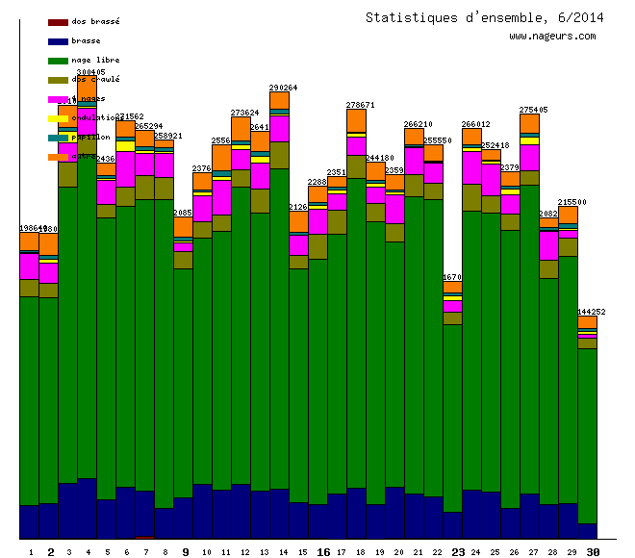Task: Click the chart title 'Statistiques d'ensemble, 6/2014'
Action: (484, 17)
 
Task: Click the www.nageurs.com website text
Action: (552, 37)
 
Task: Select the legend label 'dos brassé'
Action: (95, 21)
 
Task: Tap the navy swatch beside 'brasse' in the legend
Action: (58, 41)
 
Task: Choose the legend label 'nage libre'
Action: (95, 60)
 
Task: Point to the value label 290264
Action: (283, 88)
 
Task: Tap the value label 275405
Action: (533, 110)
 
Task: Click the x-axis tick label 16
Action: (323, 552)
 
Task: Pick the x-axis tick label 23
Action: (458, 552)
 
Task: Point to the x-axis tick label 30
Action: (594, 552)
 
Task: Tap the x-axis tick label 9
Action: (186, 552)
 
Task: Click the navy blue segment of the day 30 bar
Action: (587, 530)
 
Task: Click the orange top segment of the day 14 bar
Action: (279, 100)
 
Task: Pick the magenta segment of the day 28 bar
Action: (548, 245)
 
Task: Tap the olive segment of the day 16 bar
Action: (317, 246)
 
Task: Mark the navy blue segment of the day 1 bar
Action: (29, 521)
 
